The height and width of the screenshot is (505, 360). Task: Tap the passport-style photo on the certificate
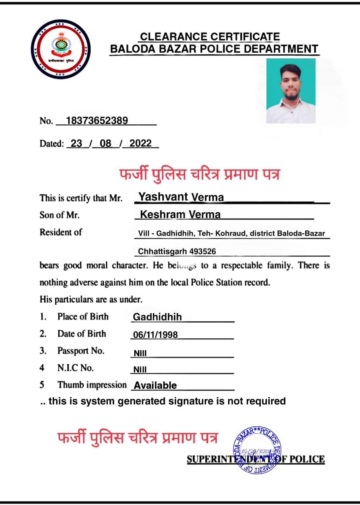[291, 91]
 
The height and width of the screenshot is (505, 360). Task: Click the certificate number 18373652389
[97, 121]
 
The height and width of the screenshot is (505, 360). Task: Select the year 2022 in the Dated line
[141, 143]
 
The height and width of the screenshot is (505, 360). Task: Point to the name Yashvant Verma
[181, 197]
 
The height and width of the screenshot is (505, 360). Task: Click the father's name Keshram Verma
[180, 215]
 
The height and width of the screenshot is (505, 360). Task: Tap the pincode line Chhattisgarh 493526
[177, 252]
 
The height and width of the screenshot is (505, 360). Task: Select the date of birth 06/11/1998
[155, 335]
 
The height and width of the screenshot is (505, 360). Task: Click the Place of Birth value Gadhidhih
[157, 317]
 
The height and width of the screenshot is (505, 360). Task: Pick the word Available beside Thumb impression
[155, 385]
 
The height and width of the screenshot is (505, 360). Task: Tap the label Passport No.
[81, 351]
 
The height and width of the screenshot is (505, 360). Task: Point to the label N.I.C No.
[75, 368]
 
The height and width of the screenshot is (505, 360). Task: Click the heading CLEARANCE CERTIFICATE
[210, 37]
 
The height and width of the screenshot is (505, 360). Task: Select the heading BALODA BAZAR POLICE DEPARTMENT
[214, 49]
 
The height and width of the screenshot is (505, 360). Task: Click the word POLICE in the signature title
[307, 459]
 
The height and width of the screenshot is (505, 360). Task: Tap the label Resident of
[61, 232]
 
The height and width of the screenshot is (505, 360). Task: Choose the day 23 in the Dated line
[76, 143]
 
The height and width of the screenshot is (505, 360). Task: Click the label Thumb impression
[92, 385]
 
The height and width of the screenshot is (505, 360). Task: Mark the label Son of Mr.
[59, 215]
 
